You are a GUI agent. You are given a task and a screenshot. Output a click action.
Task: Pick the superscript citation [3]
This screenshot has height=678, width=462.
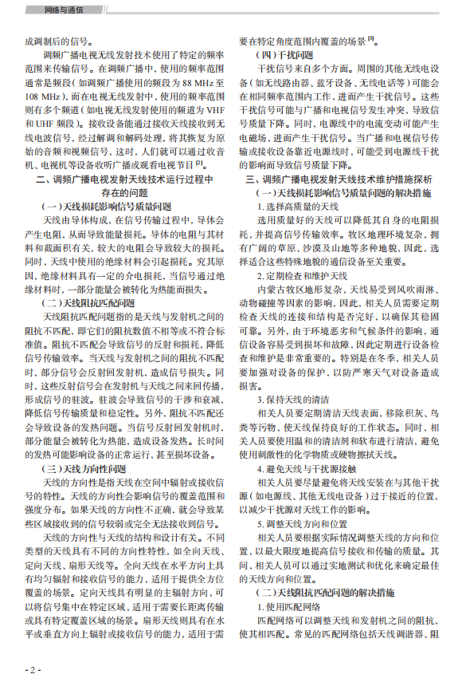pos(370,39)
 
